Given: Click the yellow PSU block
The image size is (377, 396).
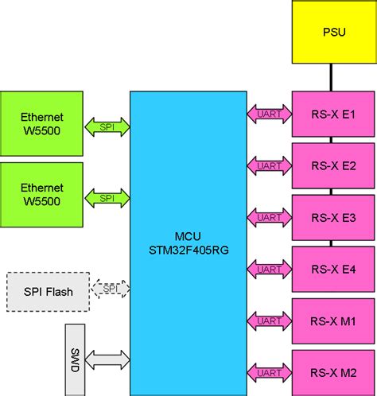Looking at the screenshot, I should [333, 32].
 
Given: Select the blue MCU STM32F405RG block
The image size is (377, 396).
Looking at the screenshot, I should [188, 243].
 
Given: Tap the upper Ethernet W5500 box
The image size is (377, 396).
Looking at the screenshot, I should [41, 125].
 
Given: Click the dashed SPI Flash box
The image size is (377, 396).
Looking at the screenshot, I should [48, 292].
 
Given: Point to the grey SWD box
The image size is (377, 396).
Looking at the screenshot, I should [75, 358].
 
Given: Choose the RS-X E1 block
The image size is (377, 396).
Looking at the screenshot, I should [333, 115].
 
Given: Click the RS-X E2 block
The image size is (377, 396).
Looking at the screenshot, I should [333, 166].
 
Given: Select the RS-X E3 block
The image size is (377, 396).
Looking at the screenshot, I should [333, 218].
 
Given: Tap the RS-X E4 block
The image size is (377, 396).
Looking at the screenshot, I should [333, 270].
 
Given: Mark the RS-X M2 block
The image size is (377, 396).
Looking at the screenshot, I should [333, 372].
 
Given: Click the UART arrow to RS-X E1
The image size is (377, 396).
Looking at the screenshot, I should [270, 115].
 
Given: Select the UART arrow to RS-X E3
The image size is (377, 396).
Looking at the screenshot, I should [270, 217].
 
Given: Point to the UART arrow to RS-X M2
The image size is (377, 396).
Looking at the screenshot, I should [270, 371].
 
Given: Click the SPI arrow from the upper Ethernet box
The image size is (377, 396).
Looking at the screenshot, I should [107, 125].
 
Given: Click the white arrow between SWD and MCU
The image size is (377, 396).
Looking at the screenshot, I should [107, 359].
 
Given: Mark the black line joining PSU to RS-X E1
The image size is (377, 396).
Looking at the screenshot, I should [333, 77].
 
